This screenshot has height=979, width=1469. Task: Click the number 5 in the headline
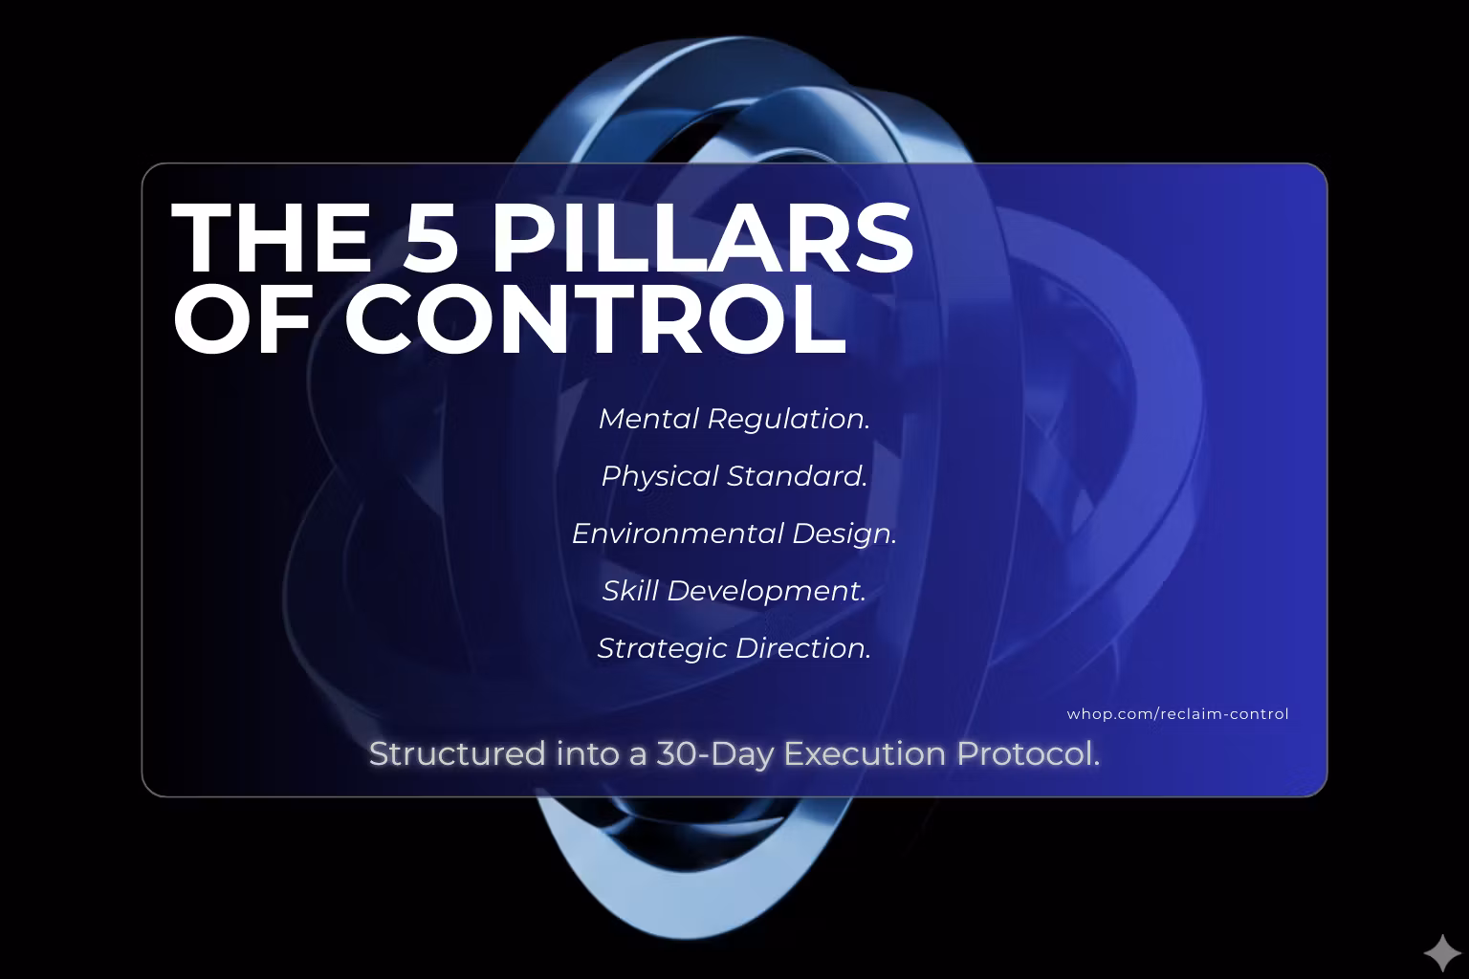[x=430, y=237]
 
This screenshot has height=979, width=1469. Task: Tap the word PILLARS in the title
[x=702, y=237]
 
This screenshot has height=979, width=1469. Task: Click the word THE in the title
[x=271, y=237]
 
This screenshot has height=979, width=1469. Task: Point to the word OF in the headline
[x=241, y=319]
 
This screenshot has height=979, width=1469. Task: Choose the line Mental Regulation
[x=734, y=419]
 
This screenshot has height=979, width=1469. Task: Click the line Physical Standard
[x=734, y=477]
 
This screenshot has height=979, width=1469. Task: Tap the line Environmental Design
[x=734, y=533]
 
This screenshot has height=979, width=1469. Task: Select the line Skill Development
[x=734, y=592]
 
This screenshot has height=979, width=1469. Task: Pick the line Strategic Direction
[x=734, y=648]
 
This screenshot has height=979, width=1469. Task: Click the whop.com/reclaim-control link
[x=1178, y=714]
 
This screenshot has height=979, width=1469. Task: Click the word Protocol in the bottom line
[x=1028, y=754]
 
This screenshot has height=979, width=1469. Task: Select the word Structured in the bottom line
[x=457, y=754]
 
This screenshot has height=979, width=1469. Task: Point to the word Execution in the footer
[x=865, y=754]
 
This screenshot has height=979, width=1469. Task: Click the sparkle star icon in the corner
[x=1443, y=953]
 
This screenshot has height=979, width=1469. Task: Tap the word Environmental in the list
[x=678, y=533]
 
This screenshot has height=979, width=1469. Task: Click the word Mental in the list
[x=648, y=419]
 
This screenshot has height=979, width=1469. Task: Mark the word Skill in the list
[x=630, y=591]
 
